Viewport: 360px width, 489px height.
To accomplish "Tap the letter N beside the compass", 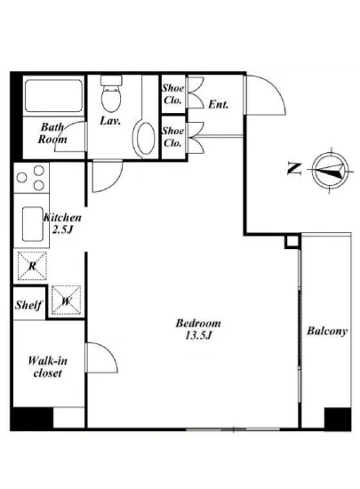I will coord(293,166).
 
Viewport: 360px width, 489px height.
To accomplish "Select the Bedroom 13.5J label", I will coord(197,329).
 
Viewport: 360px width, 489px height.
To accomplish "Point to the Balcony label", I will coord(327,332).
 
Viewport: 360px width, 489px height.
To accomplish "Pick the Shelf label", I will coord(28,305).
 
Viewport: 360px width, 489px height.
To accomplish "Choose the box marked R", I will coord(31,264).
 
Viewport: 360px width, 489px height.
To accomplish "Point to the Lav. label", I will coord(110,119).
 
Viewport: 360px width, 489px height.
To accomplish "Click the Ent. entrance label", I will coord(218,104).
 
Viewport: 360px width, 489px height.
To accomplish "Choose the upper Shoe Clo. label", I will coord(172,93).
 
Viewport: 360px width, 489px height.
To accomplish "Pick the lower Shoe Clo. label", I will coord(172,137).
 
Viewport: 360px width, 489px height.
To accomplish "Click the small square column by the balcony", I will coord(291,243).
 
